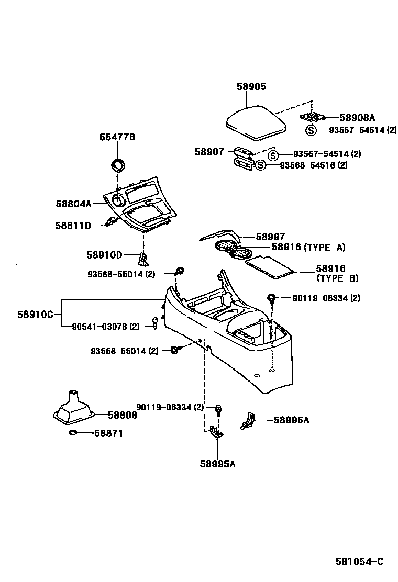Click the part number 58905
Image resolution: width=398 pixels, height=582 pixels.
251,87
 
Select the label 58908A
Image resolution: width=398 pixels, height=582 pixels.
357,118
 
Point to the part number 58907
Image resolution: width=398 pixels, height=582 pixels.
209,152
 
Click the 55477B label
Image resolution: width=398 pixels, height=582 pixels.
117,137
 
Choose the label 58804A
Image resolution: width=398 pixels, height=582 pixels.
74,204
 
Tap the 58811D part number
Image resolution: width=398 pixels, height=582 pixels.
73,226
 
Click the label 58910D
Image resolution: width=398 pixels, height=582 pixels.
104,255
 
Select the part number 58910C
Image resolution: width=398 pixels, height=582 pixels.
35,315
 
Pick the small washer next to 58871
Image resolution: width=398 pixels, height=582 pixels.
73,433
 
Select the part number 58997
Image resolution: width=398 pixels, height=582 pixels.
270,237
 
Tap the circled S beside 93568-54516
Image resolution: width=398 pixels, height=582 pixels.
261,165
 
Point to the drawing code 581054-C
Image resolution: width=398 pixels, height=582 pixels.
359,562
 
